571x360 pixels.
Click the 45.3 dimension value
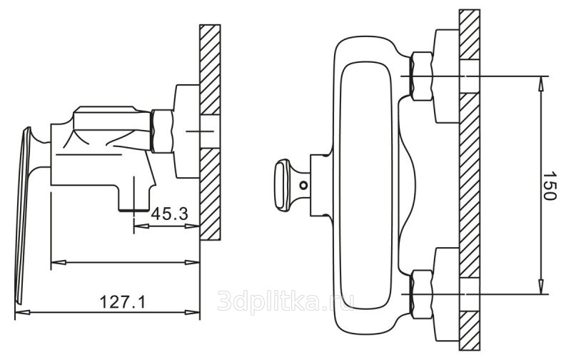169,214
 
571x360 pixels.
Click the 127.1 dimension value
122,302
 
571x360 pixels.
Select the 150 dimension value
549,186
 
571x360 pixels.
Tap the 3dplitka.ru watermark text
285,301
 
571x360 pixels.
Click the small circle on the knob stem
303,186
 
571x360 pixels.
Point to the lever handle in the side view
23,215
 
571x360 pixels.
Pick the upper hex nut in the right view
422,76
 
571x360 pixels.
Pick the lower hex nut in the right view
422,294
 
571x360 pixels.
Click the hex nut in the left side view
162,131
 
